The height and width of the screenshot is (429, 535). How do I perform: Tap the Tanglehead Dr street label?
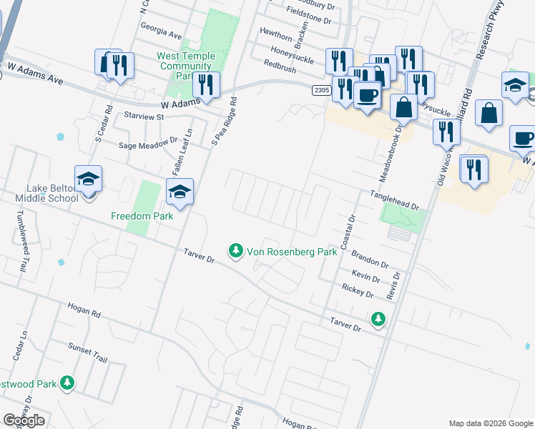(393, 200)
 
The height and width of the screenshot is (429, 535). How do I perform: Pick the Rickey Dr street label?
(358, 290)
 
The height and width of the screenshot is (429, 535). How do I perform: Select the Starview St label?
(144, 116)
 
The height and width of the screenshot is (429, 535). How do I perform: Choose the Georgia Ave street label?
(162, 33)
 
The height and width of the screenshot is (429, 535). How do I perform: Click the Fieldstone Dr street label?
(309, 21)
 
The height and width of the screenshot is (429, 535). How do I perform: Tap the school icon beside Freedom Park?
(180, 191)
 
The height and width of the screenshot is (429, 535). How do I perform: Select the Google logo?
(24, 420)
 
